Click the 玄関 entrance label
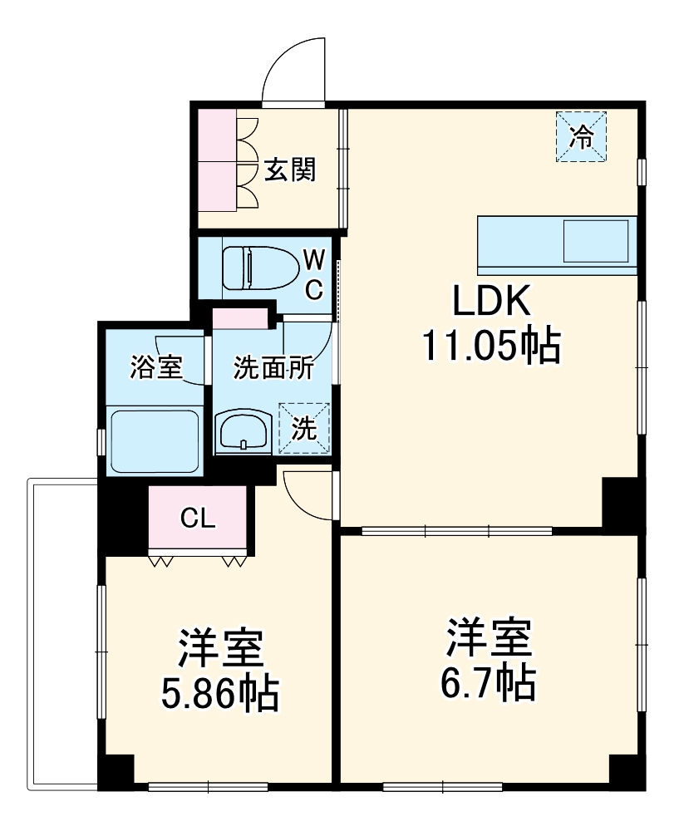point(290,170)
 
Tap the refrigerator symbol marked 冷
point(582,135)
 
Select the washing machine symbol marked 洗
point(305,428)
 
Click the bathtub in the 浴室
point(154,440)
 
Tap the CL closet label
point(199,519)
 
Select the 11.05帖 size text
point(490,346)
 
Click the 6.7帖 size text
point(487,683)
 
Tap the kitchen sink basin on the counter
point(597,241)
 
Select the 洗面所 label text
point(273,368)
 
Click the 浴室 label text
point(155,367)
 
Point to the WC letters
point(313,273)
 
